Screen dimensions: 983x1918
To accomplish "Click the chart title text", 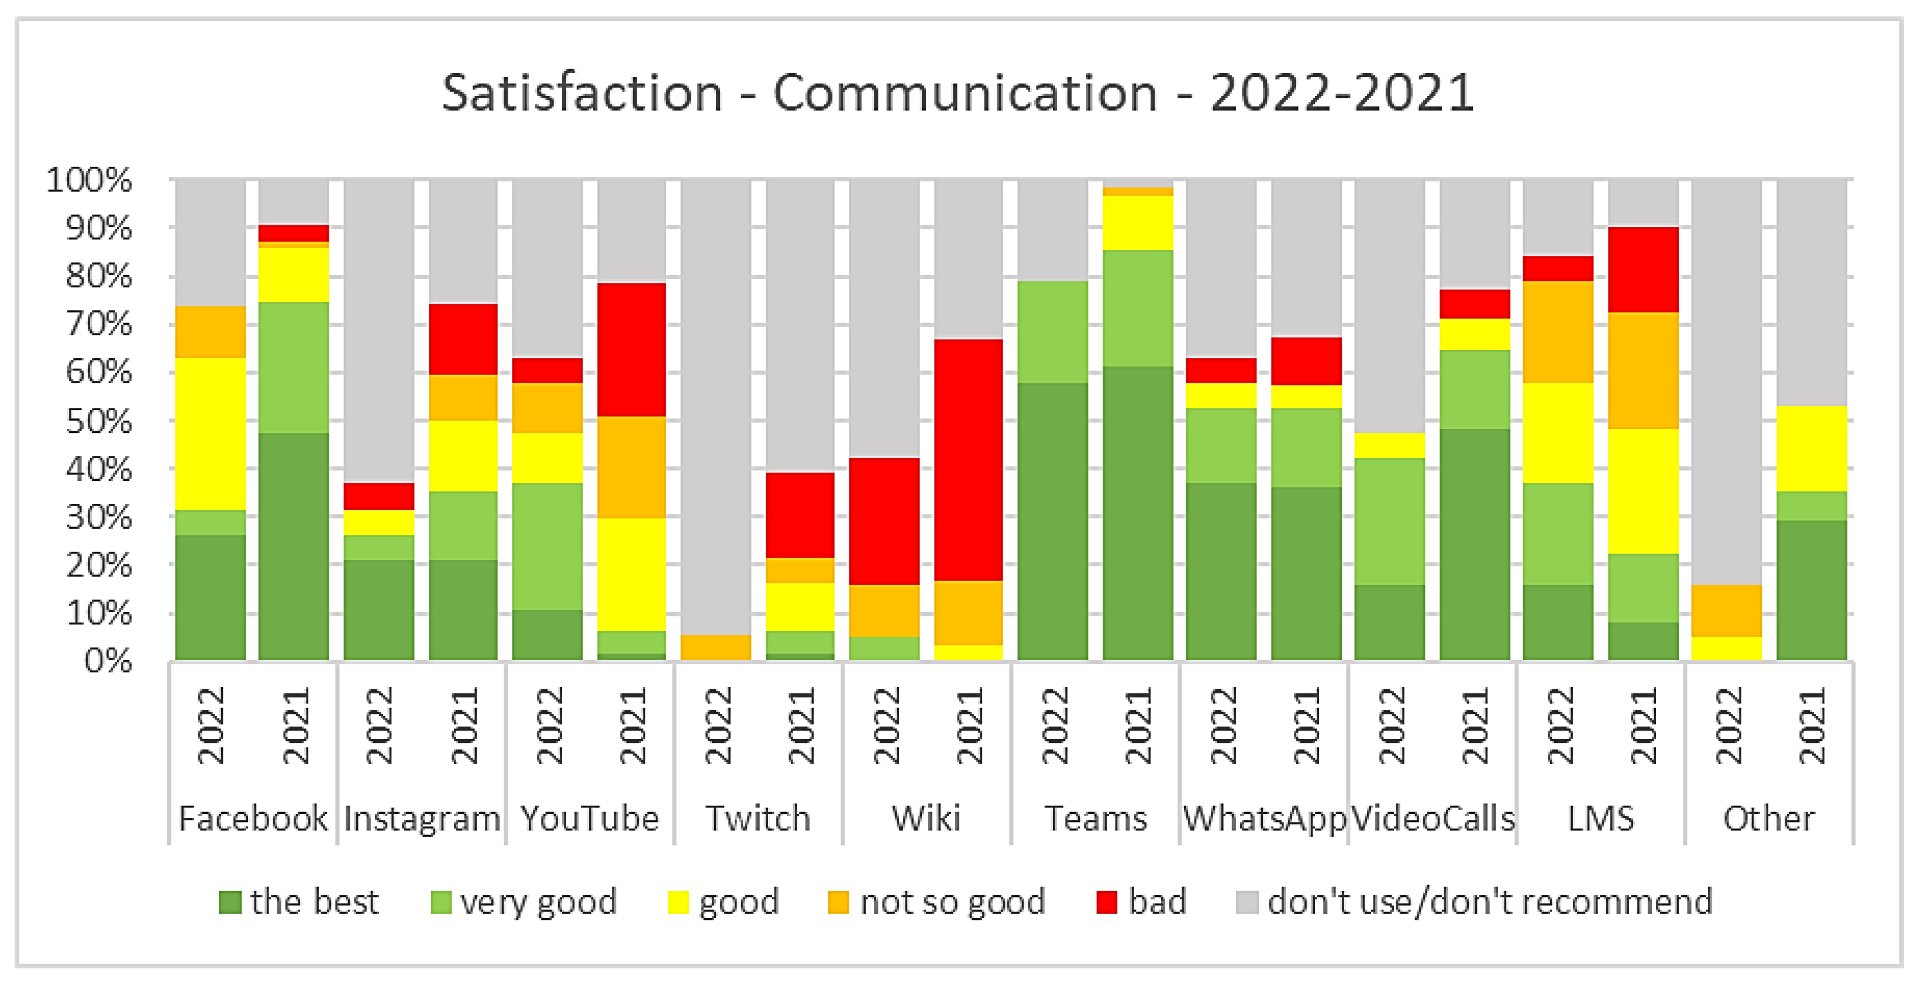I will (958, 93).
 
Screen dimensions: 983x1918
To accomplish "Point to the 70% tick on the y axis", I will (99, 325).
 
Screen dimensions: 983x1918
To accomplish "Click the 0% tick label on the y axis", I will (108, 661).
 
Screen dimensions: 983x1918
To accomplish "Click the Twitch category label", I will (758, 819).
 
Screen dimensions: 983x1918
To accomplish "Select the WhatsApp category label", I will (1264, 819).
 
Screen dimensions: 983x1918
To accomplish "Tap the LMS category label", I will (1601, 819).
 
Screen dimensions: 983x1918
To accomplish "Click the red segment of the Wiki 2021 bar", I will (969, 459).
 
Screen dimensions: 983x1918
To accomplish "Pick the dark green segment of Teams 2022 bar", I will (1053, 521).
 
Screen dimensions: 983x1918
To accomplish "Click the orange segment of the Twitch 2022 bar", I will (715, 647).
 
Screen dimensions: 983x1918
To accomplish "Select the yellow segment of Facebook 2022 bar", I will (211, 434).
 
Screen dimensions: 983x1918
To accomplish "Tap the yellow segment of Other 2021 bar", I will (1812, 448).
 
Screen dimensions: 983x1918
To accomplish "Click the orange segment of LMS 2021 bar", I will (1643, 370).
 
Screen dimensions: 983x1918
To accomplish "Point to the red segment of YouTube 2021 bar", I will (631, 349).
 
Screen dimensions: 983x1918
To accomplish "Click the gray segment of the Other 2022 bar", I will (1727, 380).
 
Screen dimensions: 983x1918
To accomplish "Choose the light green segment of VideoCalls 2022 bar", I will (1389, 521).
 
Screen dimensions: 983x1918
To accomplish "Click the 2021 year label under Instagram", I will (464, 726).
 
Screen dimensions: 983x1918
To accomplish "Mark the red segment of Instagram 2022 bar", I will (379, 496).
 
